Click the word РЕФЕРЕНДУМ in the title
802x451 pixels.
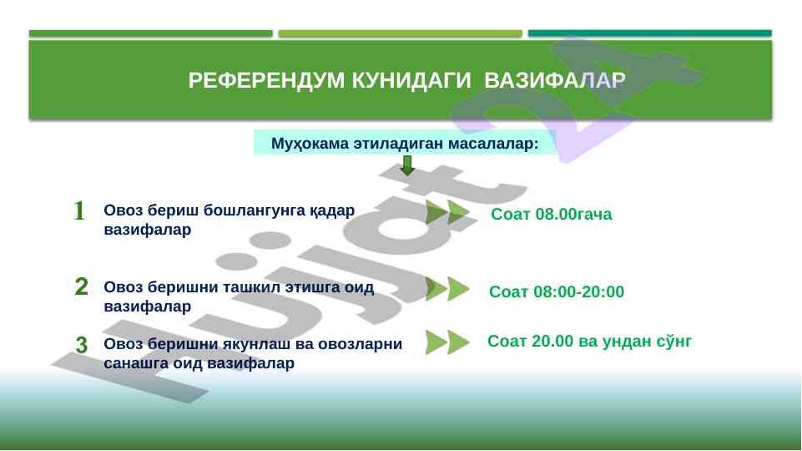(x=266, y=80)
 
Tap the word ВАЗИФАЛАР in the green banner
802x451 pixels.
(x=554, y=80)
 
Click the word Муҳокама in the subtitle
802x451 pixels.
(x=310, y=144)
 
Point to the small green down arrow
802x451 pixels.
(x=407, y=165)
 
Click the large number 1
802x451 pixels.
(x=78, y=210)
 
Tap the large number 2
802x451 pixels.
(x=81, y=286)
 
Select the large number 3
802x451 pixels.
(x=81, y=345)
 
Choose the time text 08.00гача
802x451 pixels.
(x=573, y=214)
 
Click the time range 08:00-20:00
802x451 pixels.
(x=578, y=291)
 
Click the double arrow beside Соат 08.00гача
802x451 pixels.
(x=447, y=212)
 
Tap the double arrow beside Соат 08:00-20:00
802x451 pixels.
(x=447, y=289)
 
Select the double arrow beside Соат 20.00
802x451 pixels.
(x=447, y=342)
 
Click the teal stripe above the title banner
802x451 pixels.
(x=649, y=33)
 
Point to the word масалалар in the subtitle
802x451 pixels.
(x=493, y=144)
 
